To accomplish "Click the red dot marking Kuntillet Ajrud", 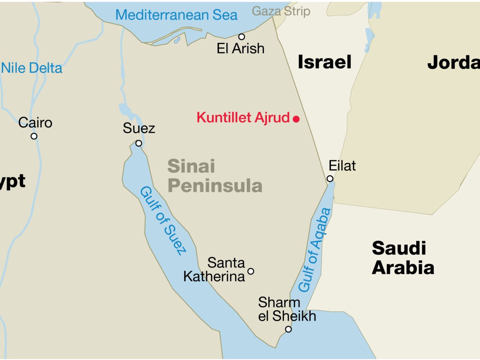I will [296, 119].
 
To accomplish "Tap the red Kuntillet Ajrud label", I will [243, 118].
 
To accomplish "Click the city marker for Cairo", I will [34, 136].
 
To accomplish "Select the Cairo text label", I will [35, 123].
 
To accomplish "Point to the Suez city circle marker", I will [139, 143].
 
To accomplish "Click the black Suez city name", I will [139, 128].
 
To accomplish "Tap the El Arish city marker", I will [242, 37].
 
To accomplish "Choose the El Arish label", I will [240, 48].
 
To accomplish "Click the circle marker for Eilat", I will [330, 178].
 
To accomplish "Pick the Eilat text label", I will [342, 166].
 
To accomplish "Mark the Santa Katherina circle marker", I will [251, 271].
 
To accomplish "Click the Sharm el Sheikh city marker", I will [288, 329].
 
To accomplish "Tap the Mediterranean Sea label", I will [176, 15].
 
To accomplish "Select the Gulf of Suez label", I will [163, 221].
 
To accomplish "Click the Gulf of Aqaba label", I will [314, 250].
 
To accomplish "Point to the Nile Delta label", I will [32, 68].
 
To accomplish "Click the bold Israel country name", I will [324, 62].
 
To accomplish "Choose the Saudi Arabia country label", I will [403, 258].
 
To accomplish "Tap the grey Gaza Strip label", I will [281, 11].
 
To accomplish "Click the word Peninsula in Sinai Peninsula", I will [215, 186].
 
